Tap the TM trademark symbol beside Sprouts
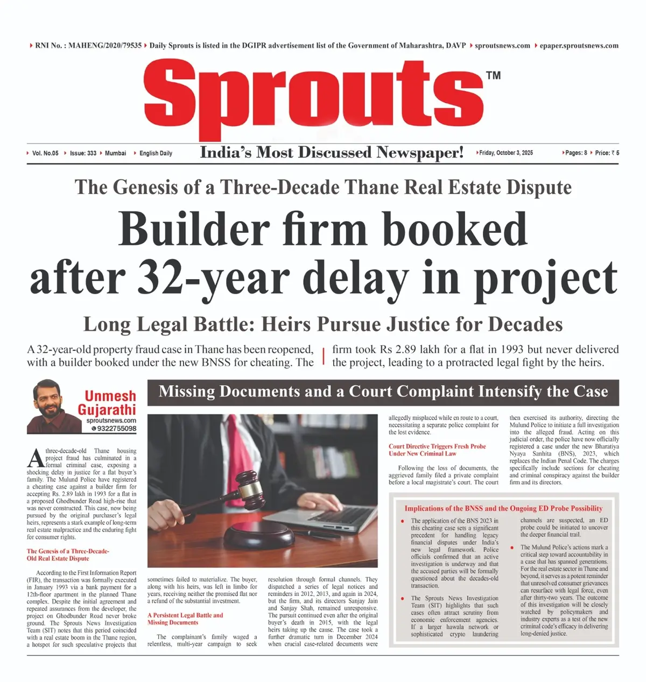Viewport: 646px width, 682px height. (493, 75)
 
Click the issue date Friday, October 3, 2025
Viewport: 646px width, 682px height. (506, 153)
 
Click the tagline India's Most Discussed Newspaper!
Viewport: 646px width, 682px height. (332, 153)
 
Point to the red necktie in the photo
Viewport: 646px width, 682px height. (235, 446)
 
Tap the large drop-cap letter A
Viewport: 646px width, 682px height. (36, 458)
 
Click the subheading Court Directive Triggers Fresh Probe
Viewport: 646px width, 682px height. (437, 446)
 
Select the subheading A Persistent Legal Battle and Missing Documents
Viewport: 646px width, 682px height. (185, 619)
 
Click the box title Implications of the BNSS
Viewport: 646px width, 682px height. (503, 508)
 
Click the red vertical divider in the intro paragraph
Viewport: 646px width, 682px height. (324, 356)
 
